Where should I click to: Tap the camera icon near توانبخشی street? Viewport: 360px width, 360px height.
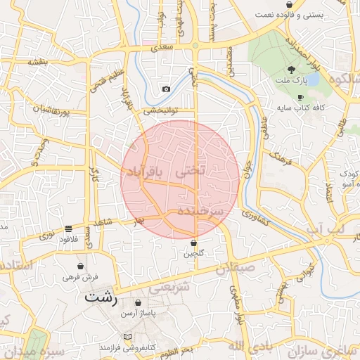(166, 89)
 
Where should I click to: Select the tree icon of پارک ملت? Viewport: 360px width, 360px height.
(291, 69)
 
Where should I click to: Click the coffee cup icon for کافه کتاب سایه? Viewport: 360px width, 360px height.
(301, 97)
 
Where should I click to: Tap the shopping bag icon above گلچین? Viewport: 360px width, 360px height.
(193, 243)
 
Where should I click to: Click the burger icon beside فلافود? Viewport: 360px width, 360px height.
(68, 229)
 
